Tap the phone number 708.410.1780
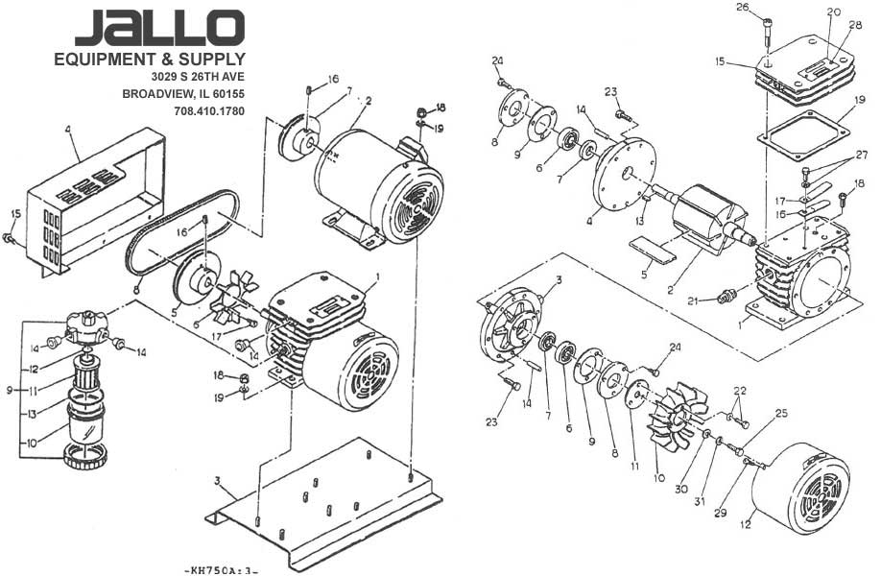(209, 111)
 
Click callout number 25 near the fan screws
(781, 413)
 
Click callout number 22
(739, 391)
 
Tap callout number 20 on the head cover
(833, 12)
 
